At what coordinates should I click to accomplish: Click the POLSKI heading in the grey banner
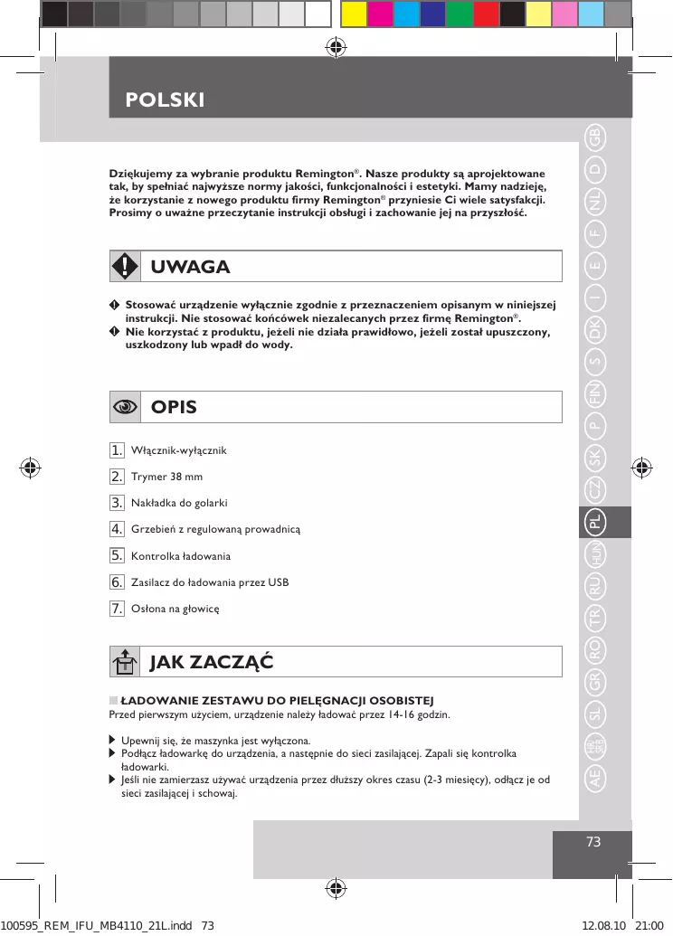click(x=166, y=99)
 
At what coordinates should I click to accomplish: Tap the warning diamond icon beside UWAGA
click(x=125, y=266)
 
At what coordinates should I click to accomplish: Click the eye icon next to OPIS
click(x=125, y=406)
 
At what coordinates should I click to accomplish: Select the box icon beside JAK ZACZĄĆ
click(x=125, y=662)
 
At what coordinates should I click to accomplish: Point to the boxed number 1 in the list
click(x=117, y=449)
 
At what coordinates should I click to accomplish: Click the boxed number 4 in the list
click(x=117, y=528)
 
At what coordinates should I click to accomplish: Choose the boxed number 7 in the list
click(x=117, y=608)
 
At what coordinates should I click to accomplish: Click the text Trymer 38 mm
click(x=167, y=477)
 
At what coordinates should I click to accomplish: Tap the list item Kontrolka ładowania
click(x=181, y=555)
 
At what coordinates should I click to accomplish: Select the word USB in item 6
click(x=278, y=581)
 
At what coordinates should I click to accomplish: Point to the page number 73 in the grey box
click(x=593, y=842)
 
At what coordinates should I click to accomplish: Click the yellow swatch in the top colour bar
click(x=355, y=14)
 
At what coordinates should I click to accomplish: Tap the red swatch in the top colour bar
click(x=486, y=14)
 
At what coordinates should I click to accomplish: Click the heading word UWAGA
click(x=190, y=267)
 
